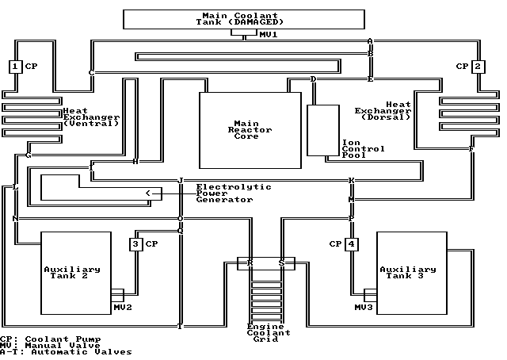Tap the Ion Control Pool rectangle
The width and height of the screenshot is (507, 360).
point(323,129)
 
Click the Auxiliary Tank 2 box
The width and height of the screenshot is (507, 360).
point(76,270)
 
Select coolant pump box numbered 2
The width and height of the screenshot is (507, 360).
point(478,67)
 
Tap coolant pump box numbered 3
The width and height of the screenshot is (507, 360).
point(137,244)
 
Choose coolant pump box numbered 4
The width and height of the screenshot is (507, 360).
point(351,244)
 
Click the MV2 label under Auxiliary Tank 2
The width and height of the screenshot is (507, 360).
point(122,307)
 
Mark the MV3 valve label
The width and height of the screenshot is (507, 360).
point(363,307)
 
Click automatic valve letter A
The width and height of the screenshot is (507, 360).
point(370,41)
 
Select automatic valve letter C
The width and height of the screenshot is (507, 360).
point(91,73)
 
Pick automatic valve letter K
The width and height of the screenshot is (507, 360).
point(351,181)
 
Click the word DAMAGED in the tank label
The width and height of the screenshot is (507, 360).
point(258,21)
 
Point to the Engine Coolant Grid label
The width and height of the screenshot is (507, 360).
point(265,333)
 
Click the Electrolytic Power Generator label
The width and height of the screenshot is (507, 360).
point(233,193)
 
